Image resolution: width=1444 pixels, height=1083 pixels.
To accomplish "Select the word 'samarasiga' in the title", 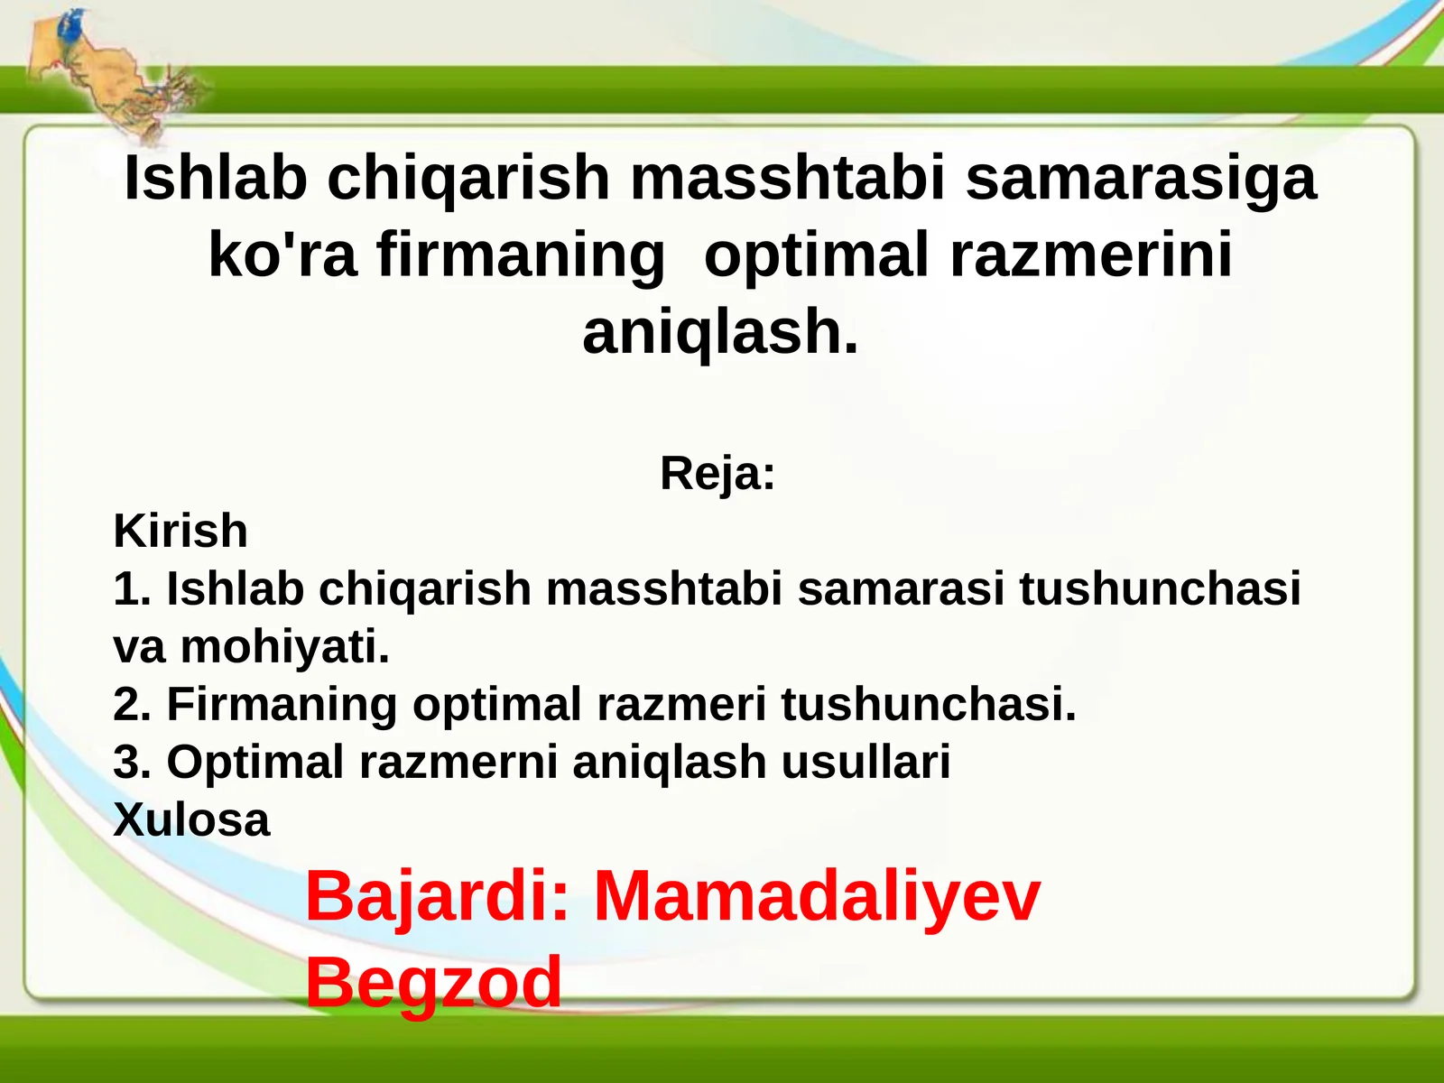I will click(1141, 180).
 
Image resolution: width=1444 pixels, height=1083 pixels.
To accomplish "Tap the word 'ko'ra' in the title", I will click(282, 255).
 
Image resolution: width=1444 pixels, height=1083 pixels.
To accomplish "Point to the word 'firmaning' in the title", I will click(521, 256).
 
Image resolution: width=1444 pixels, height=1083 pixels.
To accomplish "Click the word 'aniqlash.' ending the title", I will click(720, 333).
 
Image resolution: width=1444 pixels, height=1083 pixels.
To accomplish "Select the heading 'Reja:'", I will click(717, 474).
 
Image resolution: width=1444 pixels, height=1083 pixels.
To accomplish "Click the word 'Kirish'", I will click(180, 531).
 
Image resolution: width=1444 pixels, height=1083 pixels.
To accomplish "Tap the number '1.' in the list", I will click(132, 588).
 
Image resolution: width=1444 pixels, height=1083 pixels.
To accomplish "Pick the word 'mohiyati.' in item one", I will click(284, 647).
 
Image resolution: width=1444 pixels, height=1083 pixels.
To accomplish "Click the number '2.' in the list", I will click(132, 704).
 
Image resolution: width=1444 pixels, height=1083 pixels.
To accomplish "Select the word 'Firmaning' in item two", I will click(282, 705).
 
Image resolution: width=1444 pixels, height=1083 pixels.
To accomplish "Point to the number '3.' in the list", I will click(132, 762).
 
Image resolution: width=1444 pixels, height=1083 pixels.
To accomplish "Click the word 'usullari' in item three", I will click(865, 762).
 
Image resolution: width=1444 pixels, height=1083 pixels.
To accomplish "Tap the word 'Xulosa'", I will click(191, 820).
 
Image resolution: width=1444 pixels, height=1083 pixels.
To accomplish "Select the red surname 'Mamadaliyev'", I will click(817, 896).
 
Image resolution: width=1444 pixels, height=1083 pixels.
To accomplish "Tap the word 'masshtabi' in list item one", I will click(663, 588).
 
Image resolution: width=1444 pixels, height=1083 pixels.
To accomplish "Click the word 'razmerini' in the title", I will click(1091, 255).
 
